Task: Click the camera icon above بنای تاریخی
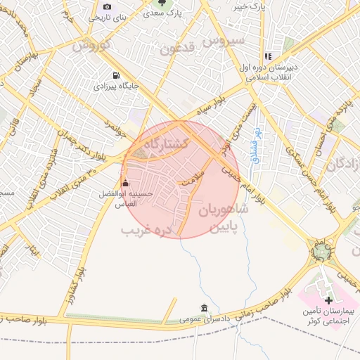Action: coord(107,6)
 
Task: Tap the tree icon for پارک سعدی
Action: coord(163,4)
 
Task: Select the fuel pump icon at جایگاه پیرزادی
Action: coord(115,75)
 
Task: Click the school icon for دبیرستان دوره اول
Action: coord(267,56)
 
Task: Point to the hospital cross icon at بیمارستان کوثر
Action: coord(328,300)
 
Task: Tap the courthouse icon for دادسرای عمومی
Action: coord(204,308)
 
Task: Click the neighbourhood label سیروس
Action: coord(224,40)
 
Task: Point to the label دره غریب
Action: coord(146,230)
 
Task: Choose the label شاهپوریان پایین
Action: coord(224,217)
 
